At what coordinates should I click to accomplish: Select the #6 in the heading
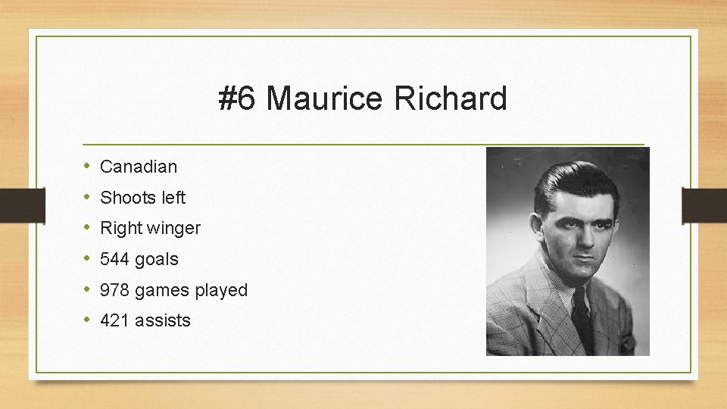pos(238,99)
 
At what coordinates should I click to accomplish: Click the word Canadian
pos(139,167)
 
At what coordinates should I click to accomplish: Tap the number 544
pos(115,259)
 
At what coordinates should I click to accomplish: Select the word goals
pos(157,260)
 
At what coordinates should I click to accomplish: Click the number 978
pos(115,290)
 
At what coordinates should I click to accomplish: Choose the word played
pos(220,291)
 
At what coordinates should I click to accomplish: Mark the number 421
pos(115,320)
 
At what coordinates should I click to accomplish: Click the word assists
pos(163,320)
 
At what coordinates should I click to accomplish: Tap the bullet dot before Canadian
pos(87,166)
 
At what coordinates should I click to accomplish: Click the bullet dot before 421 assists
pos(87,320)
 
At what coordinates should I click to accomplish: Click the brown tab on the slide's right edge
pos(704,204)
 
